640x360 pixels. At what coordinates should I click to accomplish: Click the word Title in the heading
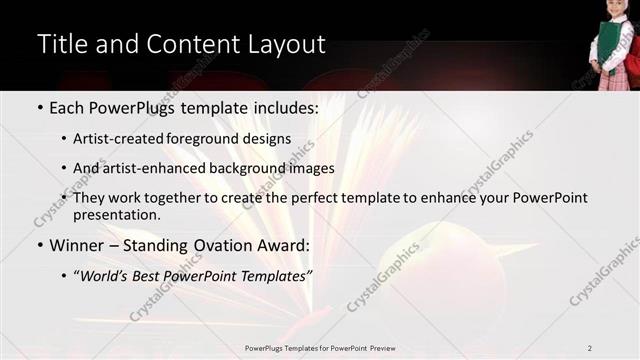point(61,44)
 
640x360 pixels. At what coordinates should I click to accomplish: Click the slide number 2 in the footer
point(590,347)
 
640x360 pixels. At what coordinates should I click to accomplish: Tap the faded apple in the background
point(440,270)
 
